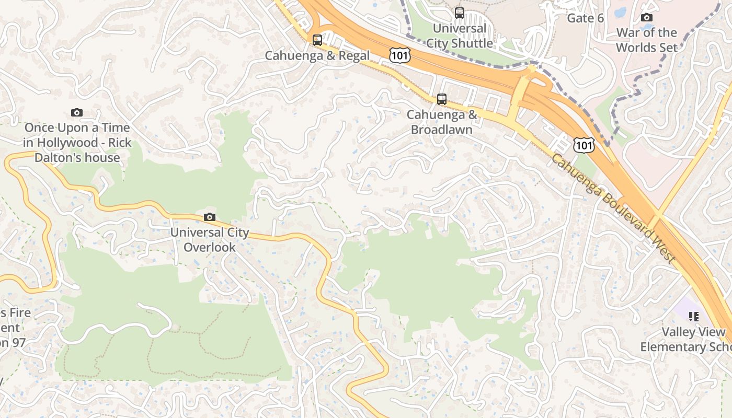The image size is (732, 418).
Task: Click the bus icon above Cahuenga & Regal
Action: [317, 40]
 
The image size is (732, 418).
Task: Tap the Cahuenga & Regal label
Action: [317, 55]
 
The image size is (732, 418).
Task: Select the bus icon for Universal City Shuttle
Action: [459, 13]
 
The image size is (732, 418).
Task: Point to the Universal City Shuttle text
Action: [459, 36]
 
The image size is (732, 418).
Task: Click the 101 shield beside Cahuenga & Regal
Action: [399, 55]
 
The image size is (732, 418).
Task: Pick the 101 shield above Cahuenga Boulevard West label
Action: [583, 145]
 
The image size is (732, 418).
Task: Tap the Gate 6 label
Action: [585, 18]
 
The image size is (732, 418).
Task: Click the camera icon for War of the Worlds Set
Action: [646, 18]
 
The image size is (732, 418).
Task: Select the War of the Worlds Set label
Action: [646, 40]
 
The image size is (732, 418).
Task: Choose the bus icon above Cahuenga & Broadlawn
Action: [441, 99]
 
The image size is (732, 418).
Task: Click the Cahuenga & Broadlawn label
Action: [441, 122]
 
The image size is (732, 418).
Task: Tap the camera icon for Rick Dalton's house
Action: [77, 112]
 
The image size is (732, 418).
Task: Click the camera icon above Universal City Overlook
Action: [209, 217]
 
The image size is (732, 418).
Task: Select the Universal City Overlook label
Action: [210, 240]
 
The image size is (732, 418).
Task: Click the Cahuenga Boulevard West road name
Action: [613, 208]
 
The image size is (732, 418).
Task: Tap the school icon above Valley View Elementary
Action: [693, 316]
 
